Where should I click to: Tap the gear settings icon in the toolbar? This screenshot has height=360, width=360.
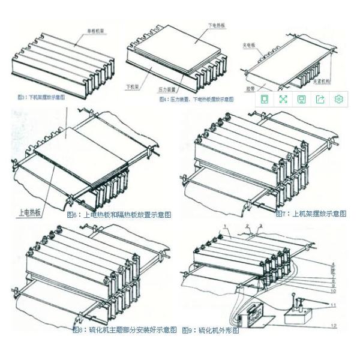pos(339,99)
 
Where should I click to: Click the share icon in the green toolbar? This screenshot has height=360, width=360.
pos(320,99)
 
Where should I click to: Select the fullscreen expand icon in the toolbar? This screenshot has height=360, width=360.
pos(283,99)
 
